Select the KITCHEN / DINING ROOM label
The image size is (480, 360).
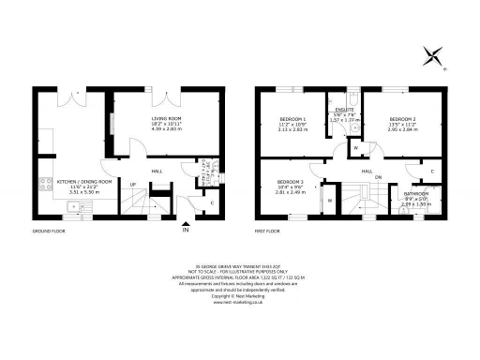(x=84, y=180)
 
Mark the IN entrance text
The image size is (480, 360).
(x=186, y=231)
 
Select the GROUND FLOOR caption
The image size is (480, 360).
(x=47, y=230)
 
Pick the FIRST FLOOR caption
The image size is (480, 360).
(x=268, y=230)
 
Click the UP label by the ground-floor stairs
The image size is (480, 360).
(x=133, y=184)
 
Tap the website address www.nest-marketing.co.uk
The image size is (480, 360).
(x=240, y=303)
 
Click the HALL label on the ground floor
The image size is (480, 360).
(x=157, y=171)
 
